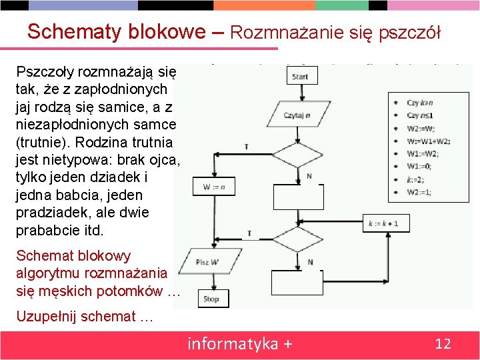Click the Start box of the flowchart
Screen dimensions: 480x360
click(299, 77)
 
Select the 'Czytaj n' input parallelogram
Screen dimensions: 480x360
click(298, 115)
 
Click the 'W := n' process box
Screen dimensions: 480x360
click(213, 187)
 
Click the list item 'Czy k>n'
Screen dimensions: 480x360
click(420, 103)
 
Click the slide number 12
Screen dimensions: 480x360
click(443, 344)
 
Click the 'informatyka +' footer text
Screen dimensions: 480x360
click(240, 344)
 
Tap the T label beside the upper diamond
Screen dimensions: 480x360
click(247, 147)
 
